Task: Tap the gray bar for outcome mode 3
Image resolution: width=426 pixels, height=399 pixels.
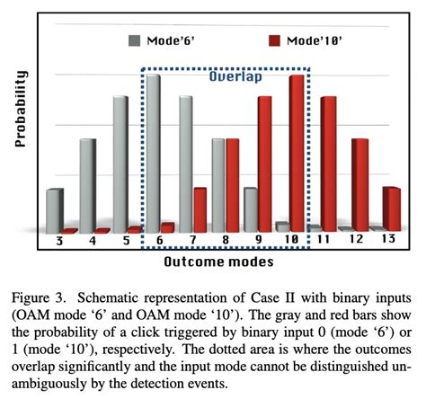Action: pos(55,209)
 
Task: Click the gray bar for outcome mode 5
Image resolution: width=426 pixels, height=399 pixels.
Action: pos(120,162)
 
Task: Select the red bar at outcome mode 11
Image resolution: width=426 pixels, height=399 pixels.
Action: pos(329,162)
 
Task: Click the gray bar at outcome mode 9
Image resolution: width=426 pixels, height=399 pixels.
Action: pos(250,208)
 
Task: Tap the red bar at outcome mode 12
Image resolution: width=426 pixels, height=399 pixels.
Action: pos(359,183)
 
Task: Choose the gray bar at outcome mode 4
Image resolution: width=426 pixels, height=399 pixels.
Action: pos(87,183)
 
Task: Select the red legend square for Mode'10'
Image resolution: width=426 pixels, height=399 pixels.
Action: pos(276,40)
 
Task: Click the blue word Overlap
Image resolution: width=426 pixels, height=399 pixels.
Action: pos(235,77)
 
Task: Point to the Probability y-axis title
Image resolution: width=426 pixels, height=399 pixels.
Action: pos(22,108)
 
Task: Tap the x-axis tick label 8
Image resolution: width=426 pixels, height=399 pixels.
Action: pos(225,241)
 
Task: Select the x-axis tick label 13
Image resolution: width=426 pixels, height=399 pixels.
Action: pos(389,239)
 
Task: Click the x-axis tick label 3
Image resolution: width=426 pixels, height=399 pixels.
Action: pos(58,241)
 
